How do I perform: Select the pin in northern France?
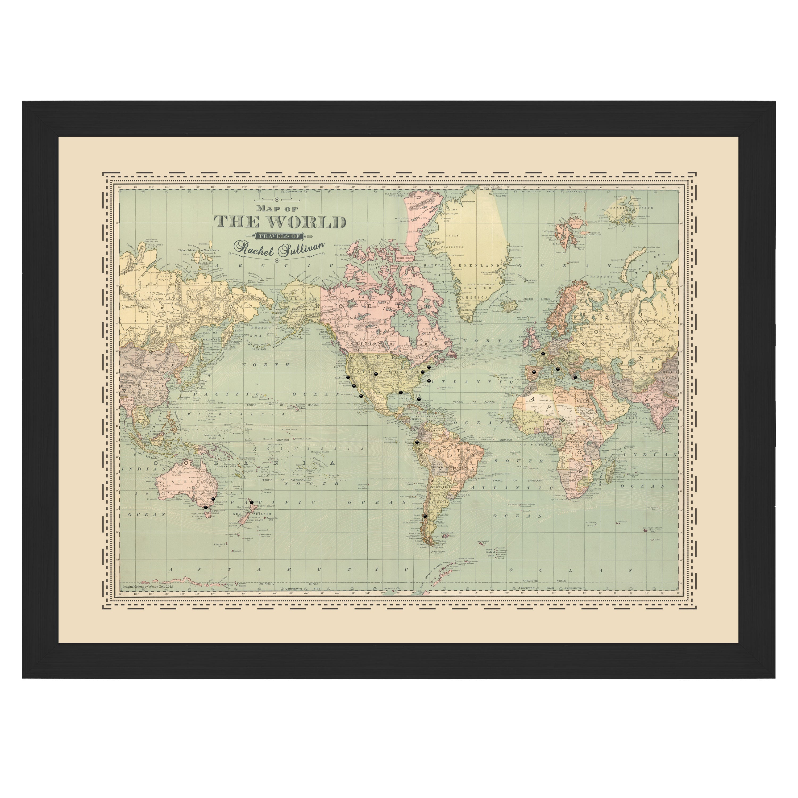point(543,353)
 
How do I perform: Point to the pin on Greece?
point(575,376)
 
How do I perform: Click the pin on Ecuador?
point(417,442)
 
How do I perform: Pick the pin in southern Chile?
point(425,516)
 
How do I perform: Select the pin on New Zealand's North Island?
point(252,502)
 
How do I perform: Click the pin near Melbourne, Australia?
point(205,507)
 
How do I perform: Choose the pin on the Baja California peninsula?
point(361,395)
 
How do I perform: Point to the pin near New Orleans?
point(401,392)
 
